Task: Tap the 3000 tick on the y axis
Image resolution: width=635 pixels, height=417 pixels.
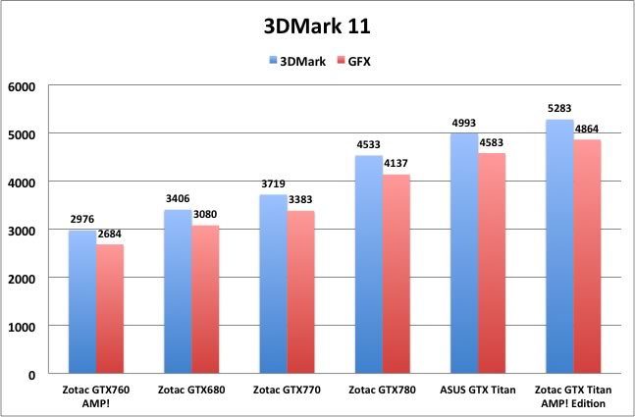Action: [x=22, y=230]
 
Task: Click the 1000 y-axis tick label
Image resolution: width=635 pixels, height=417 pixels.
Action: [x=22, y=326]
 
